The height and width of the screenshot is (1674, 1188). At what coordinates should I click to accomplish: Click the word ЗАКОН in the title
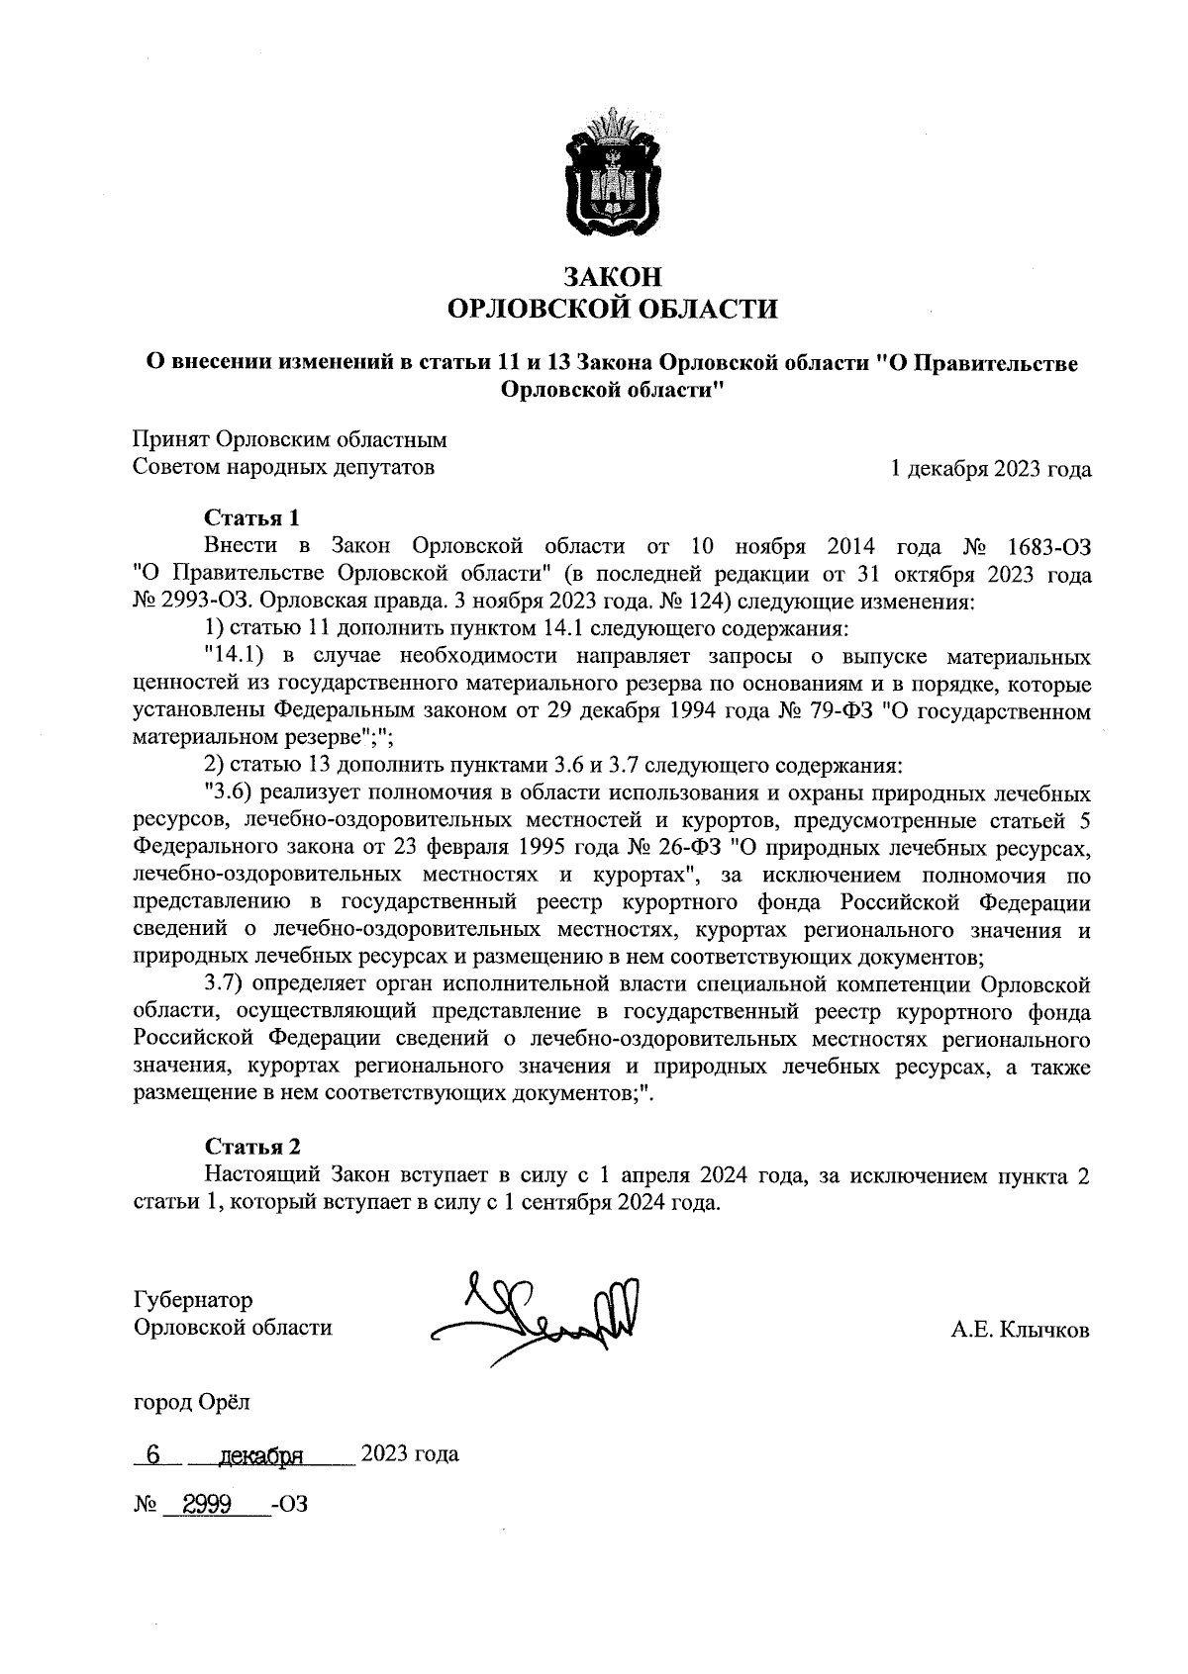(x=612, y=276)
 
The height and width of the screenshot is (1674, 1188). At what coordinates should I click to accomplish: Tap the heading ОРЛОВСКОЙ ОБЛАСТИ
(x=613, y=311)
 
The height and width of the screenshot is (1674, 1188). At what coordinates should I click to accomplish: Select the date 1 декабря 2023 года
(x=991, y=469)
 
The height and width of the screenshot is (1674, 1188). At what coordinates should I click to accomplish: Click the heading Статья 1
(x=251, y=517)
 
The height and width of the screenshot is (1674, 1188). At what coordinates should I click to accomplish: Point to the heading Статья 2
(x=251, y=1147)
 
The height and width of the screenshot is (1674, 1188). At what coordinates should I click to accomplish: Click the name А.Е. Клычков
(x=1020, y=1331)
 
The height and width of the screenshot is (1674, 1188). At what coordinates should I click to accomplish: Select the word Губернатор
(x=193, y=1300)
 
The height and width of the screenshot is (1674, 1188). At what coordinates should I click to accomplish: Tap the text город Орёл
(x=192, y=1402)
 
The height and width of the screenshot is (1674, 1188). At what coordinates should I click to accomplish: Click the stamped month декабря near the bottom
(x=261, y=1455)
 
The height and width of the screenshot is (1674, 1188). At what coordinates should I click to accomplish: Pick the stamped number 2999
(x=203, y=1506)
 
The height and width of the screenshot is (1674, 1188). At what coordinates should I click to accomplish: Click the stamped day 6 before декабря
(x=152, y=1454)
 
